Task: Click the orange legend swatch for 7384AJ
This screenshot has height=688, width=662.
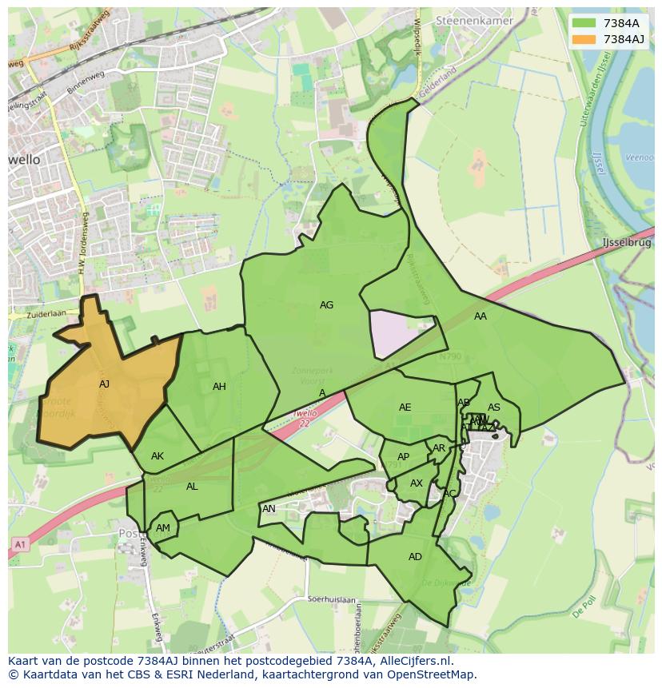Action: click(x=584, y=39)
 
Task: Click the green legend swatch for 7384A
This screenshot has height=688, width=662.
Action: click(x=584, y=23)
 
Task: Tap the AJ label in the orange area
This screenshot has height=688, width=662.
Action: click(x=104, y=384)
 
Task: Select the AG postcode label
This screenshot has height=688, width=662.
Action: click(x=326, y=305)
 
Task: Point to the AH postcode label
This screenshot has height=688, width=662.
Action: click(x=219, y=387)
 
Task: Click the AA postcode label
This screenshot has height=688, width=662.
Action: click(x=480, y=316)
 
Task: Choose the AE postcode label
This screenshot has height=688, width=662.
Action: click(x=405, y=408)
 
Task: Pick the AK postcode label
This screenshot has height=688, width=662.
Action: click(x=158, y=456)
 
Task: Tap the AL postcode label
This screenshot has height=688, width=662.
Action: click(x=192, y=487)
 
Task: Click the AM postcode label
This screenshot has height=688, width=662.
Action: click(x=163, y=528)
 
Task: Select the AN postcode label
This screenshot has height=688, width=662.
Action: click(x=269, y=509)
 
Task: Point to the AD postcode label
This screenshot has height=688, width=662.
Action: click(x=415, y=557)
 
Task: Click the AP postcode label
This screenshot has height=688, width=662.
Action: click(x=403, y=457)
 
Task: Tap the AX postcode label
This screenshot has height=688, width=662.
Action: click(x=417, y=483)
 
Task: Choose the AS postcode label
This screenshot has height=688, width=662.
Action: click(x=494, y=408)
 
